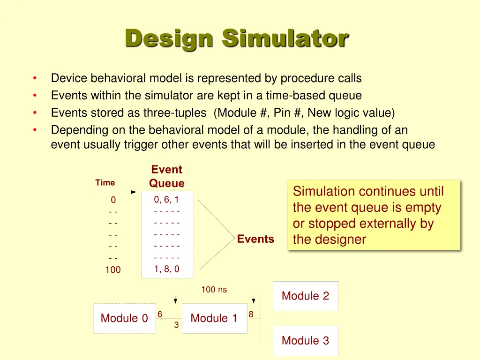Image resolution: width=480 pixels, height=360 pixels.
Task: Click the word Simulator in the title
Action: click(285, 38)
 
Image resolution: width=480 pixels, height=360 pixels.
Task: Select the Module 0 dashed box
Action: click(124, 318)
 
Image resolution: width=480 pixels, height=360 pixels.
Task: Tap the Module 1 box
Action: click(214, 318)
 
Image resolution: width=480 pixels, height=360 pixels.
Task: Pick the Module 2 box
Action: click(305, 296)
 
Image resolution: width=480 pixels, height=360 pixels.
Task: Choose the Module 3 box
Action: click(305, 341)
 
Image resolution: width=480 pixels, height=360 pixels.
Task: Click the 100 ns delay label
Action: click(214, 290)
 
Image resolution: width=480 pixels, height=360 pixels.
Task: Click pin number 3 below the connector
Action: click(176, 324)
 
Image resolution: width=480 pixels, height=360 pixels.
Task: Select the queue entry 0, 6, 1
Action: click(167, 200)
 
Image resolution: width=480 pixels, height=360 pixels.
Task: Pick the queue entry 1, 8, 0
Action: click(167, 269)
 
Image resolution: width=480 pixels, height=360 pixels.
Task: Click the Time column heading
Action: click(105, 183)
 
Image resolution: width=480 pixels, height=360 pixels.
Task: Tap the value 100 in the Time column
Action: click(113, 270)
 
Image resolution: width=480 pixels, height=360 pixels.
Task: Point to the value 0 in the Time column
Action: click(113, 200)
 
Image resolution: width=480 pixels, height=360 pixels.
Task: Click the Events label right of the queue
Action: click(255, 239)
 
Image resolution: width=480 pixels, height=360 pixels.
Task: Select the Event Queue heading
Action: click(167, 176)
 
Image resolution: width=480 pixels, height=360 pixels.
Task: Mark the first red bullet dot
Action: click(35, 78)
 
